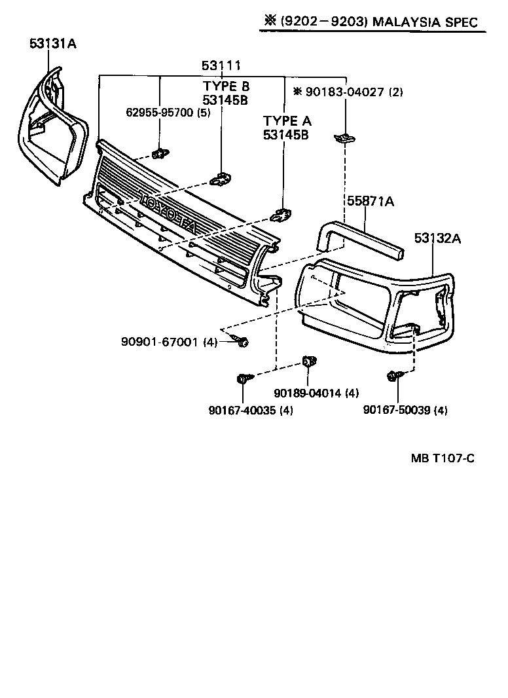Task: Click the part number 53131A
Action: coord(53,44)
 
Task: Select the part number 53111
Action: coord(221,65)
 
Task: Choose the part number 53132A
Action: coord(437,238)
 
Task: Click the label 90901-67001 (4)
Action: coord(169,342)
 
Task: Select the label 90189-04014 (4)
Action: coord(316,393)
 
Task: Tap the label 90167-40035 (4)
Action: coord(251,411)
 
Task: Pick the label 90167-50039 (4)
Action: coord(405,411)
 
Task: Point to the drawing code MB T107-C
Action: coord(443,458)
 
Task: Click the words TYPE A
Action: coord(287,121)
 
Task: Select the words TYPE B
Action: coord(226,86)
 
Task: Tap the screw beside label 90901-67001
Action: coord(241,341)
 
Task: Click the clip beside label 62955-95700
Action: coord(159,154)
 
